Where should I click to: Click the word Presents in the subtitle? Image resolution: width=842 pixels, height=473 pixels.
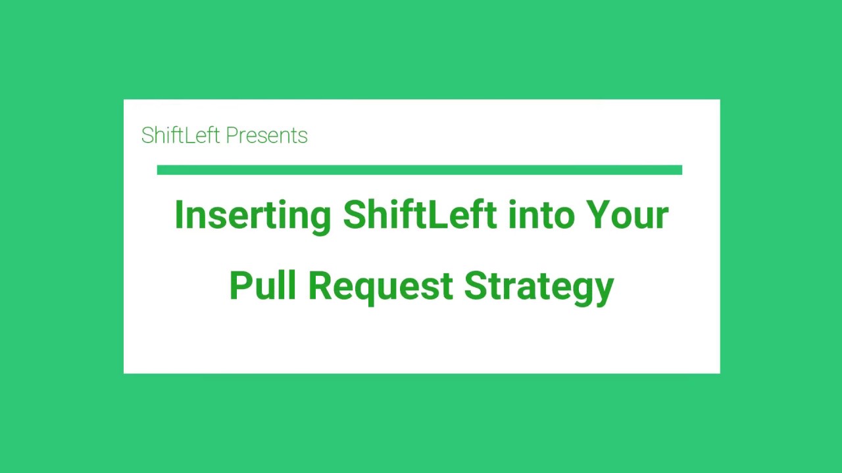266,135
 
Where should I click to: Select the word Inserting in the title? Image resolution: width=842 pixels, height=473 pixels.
253,216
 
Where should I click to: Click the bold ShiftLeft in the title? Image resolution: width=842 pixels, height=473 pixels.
420,215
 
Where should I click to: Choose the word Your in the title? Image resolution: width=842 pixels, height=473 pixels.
628,215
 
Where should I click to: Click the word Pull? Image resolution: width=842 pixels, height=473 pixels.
262,286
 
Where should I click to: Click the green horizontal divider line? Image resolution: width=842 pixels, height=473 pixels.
420,170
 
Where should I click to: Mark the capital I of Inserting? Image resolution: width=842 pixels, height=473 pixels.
178,215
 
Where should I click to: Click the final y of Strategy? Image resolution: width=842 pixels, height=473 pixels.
604,290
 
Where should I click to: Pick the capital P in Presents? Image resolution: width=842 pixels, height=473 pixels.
232,135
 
